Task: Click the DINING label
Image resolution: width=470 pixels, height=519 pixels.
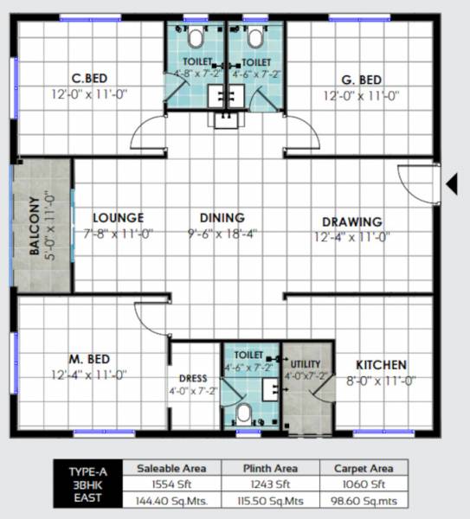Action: pos(222,218)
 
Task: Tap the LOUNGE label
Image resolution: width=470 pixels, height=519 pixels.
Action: pos(119,218)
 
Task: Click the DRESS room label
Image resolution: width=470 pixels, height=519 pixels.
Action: pos(194,378)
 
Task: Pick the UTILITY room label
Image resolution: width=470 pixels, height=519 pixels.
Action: pos(306,363)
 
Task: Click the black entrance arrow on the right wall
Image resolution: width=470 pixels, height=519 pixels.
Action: pos(450,183)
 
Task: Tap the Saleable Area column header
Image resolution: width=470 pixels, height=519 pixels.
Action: pos(171,468)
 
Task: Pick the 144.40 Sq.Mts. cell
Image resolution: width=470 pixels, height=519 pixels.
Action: pos(171,500)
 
